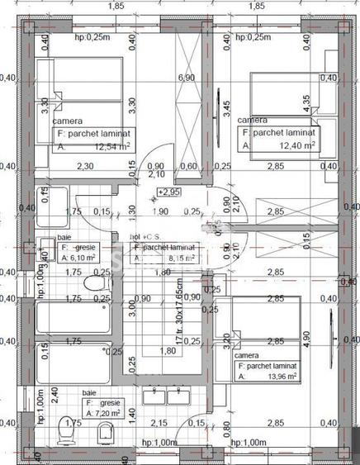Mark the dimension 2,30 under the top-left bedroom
coord(84,166)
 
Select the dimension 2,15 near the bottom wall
coord(160,423)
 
